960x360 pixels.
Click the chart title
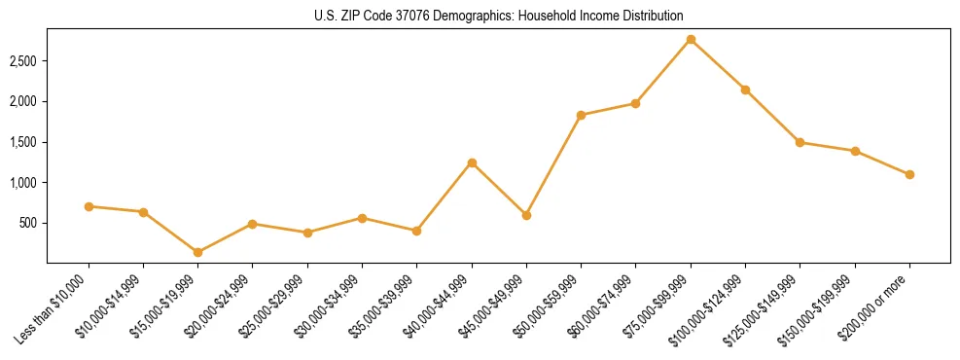[498, 16]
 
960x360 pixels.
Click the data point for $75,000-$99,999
[691, 39]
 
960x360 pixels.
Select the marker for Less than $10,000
[89, 206]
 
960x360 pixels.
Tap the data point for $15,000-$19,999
[198, 252]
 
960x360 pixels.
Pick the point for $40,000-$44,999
[472, 162]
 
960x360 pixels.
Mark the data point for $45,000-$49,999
[526, 215]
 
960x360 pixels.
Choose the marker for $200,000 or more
[909, 174]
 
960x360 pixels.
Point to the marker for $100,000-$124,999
[745, 90]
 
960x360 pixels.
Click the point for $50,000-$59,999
[581, 115]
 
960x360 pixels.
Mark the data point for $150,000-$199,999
[855, 151]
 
